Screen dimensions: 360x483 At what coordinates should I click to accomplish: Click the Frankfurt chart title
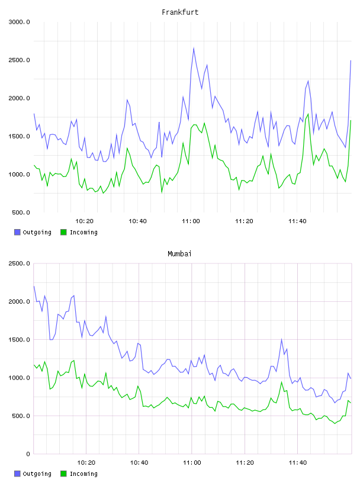click(180, 12)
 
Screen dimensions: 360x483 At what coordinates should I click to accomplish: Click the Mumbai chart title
click(179, 254)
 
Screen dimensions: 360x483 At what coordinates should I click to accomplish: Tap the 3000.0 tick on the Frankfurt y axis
click(19, 22)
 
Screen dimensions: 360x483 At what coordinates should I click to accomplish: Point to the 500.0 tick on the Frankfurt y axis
click(21, 212)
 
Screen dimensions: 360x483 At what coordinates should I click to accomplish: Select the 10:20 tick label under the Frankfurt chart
click(84, 221)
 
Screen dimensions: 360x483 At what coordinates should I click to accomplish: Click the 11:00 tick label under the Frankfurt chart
click(191, 221)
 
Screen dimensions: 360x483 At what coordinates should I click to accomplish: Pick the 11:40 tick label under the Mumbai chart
click(298, 463)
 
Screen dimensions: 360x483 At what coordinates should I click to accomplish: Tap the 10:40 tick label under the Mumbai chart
click(139, 463)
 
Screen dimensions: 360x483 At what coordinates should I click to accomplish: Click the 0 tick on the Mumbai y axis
click(28, 454)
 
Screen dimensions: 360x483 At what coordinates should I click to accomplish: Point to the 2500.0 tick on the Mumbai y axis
click(19, 263)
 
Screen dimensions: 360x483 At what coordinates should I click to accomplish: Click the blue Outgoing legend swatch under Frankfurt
click(17, 232)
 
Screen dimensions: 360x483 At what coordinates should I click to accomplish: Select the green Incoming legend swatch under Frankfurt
click(63, 232)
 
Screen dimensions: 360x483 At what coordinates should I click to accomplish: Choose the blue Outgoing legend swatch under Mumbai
click(17, 474)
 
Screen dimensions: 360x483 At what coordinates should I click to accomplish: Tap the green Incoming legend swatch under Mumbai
click(63, 474)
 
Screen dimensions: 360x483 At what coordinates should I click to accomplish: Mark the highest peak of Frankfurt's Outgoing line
click(194, 48)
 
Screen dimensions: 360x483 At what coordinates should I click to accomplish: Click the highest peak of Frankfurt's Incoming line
click(308, 114)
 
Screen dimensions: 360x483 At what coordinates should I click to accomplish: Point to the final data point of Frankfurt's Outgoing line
click(351, 61)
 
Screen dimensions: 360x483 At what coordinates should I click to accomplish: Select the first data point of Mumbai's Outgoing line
click(34, 286)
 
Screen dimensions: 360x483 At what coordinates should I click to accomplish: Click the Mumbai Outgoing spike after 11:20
click(281, 339)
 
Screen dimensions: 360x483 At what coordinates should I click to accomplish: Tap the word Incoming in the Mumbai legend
click(84, 474)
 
